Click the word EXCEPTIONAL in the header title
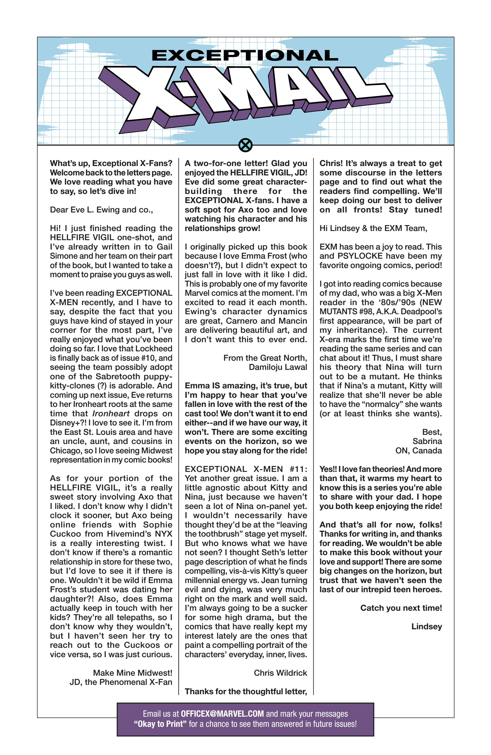[x=245, y=56]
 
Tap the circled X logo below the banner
[x=245, y=146]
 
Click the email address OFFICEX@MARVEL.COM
[x=222, y=714]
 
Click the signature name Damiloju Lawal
[x=278, y=367]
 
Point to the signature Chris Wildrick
[x=280, y=673]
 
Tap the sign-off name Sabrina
[x=427, y=441]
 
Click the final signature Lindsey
[x=426, y=627]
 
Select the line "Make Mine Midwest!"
[x=133, y=673]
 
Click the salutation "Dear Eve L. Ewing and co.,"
[x=102, y=210]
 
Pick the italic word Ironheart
[x=111, y=414]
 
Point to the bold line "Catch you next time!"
[x=401, y=608]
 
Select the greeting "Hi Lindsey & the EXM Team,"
[x=373, y=229]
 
